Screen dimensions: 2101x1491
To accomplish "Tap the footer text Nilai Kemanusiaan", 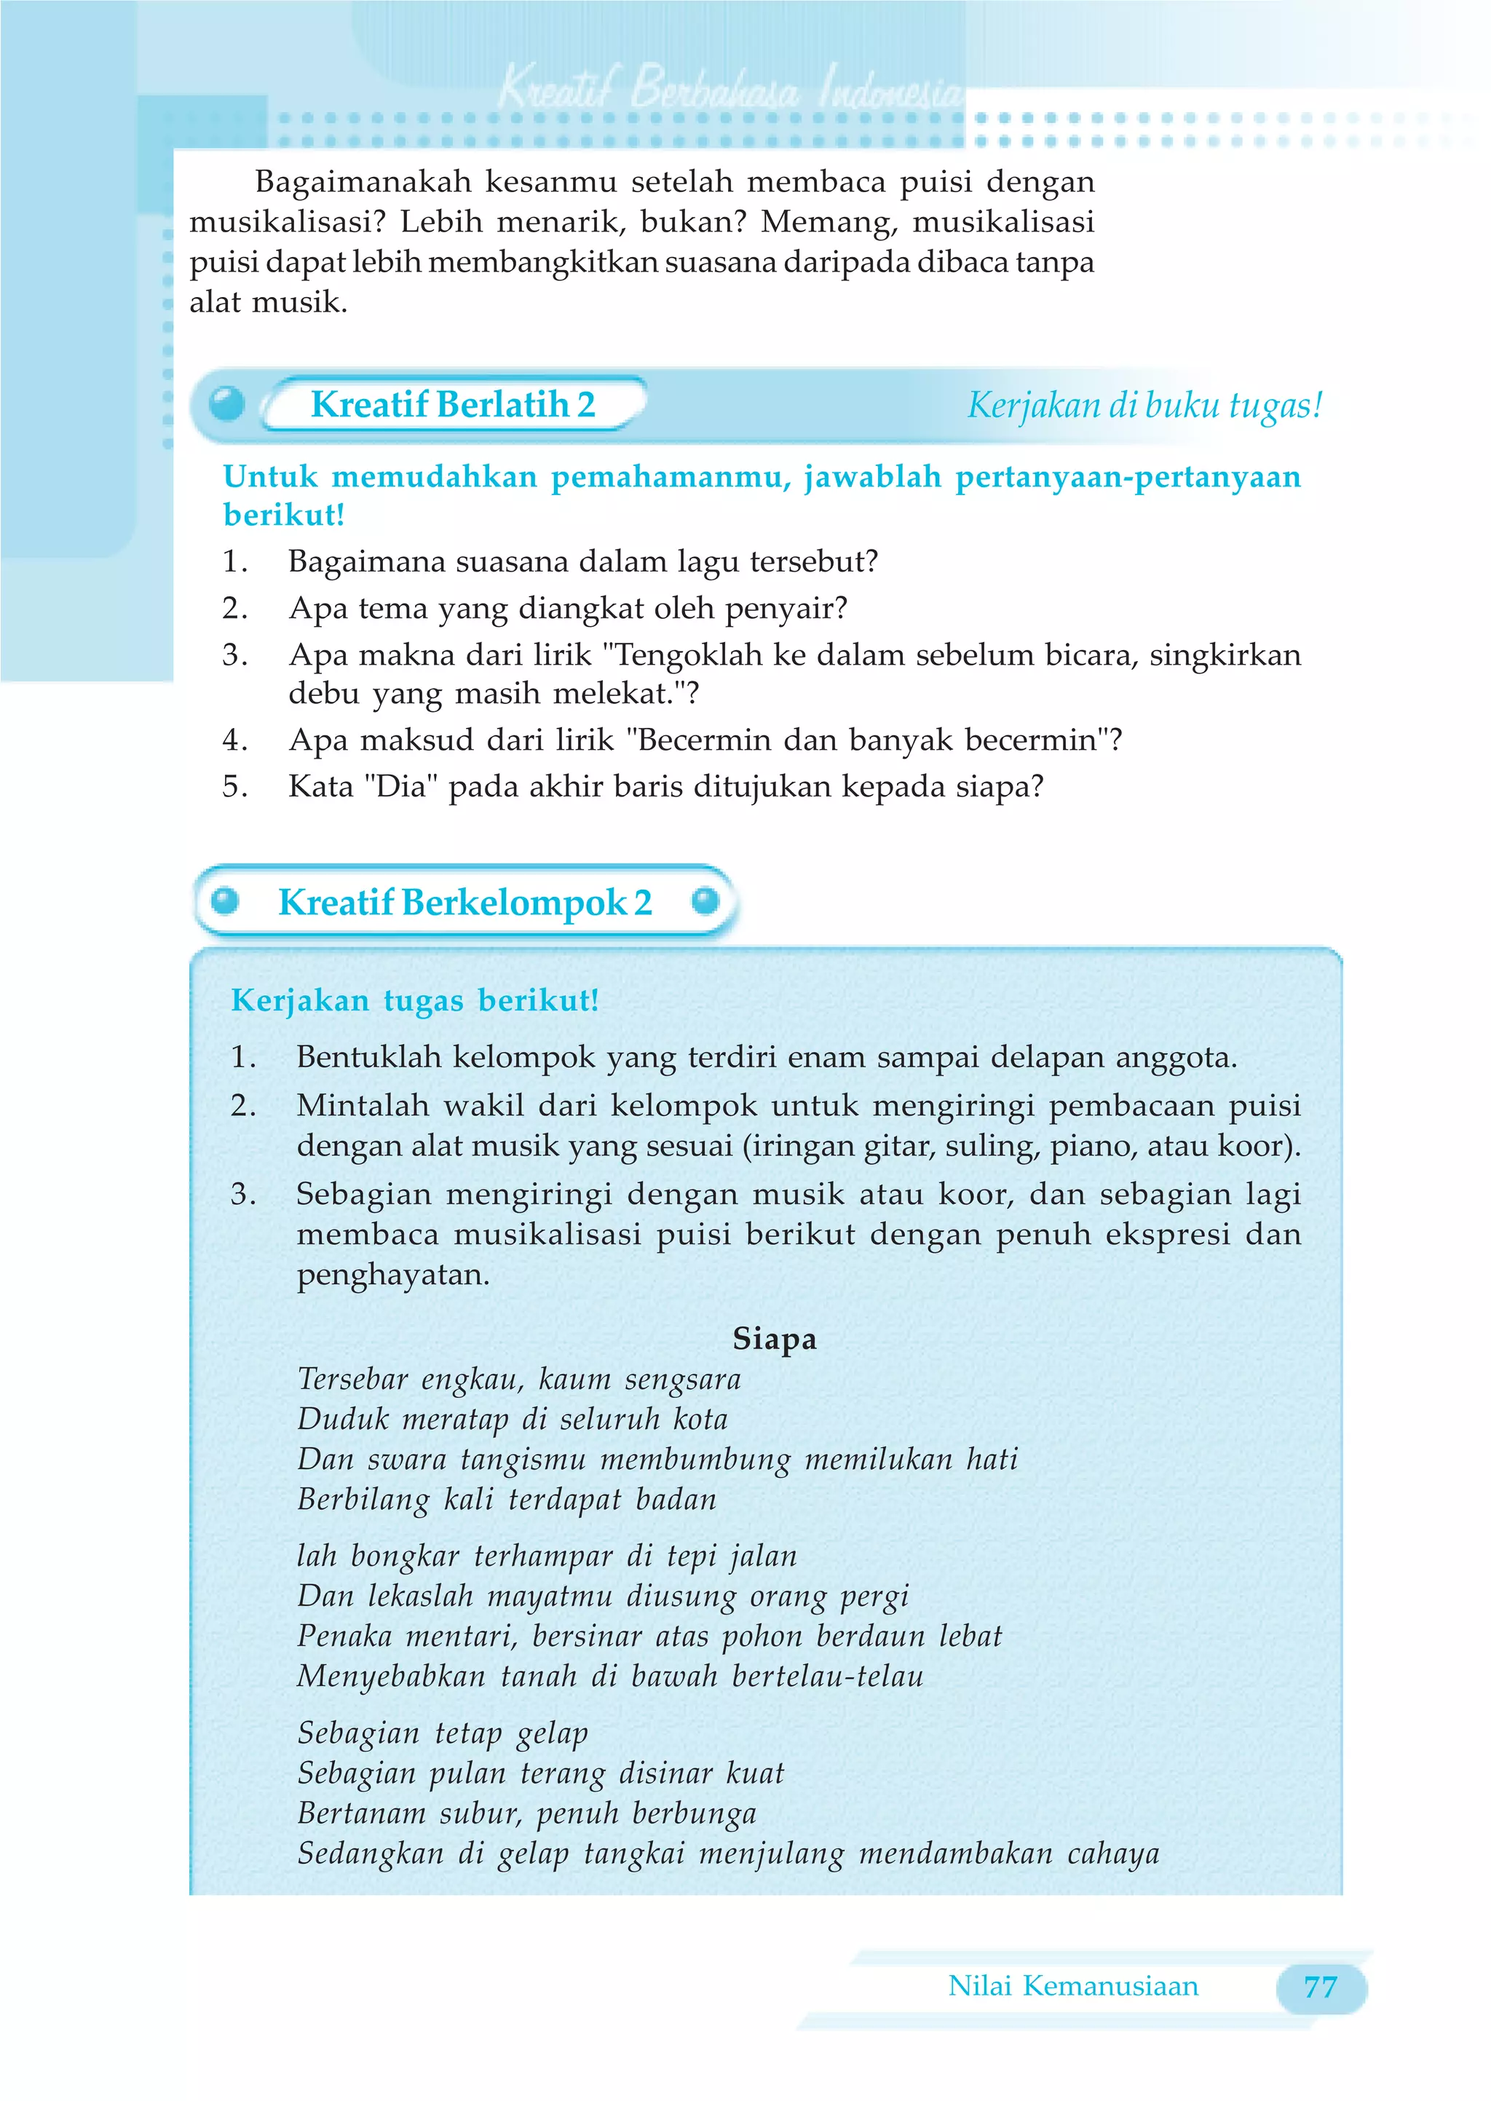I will (1072, 1985).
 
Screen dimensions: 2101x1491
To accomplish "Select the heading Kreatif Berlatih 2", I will (453, 405).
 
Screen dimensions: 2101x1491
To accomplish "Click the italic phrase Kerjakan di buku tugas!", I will (1144, 405).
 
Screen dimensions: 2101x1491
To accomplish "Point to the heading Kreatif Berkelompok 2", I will (464, 902).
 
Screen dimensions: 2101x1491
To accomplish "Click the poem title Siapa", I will (774, 1338).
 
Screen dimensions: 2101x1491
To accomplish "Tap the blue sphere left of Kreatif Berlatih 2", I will (226, 403).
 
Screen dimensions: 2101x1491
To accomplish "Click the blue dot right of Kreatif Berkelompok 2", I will (705, 901).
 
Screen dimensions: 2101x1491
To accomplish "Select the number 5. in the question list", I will (235, 787).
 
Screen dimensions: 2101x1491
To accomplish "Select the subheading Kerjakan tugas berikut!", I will (414, 1000).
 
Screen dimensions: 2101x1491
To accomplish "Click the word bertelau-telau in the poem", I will (827, 1676).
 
